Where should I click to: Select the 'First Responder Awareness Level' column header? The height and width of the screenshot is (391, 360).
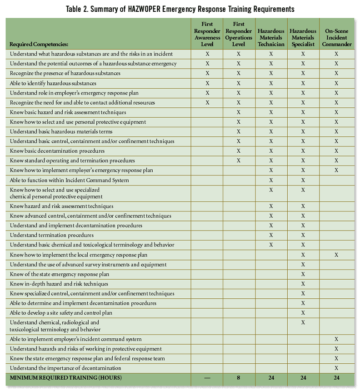[x=207, y=34]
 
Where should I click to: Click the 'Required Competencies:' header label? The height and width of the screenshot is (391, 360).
[x=39, y=45]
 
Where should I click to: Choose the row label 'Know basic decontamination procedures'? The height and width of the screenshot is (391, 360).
[x=57, y=151]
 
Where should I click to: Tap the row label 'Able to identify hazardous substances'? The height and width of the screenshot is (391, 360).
[x=53, y=83]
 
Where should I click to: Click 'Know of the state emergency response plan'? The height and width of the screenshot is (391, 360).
[x=59, y=274]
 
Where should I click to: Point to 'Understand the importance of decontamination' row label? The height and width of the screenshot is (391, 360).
[x=65, y=368]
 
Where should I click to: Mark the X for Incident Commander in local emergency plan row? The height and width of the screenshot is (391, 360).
[x=336, y=255]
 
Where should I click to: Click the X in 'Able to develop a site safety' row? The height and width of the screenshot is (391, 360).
[x=303, y=313]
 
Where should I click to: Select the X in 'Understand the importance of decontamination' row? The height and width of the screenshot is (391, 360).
[x=336, y=368]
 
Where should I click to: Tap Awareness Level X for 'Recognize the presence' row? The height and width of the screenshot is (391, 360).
[x=207, y=73]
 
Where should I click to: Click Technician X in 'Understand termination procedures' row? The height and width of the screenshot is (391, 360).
[x=271, y=235]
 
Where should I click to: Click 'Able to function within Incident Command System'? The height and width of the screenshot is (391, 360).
[x=69, y=180]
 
